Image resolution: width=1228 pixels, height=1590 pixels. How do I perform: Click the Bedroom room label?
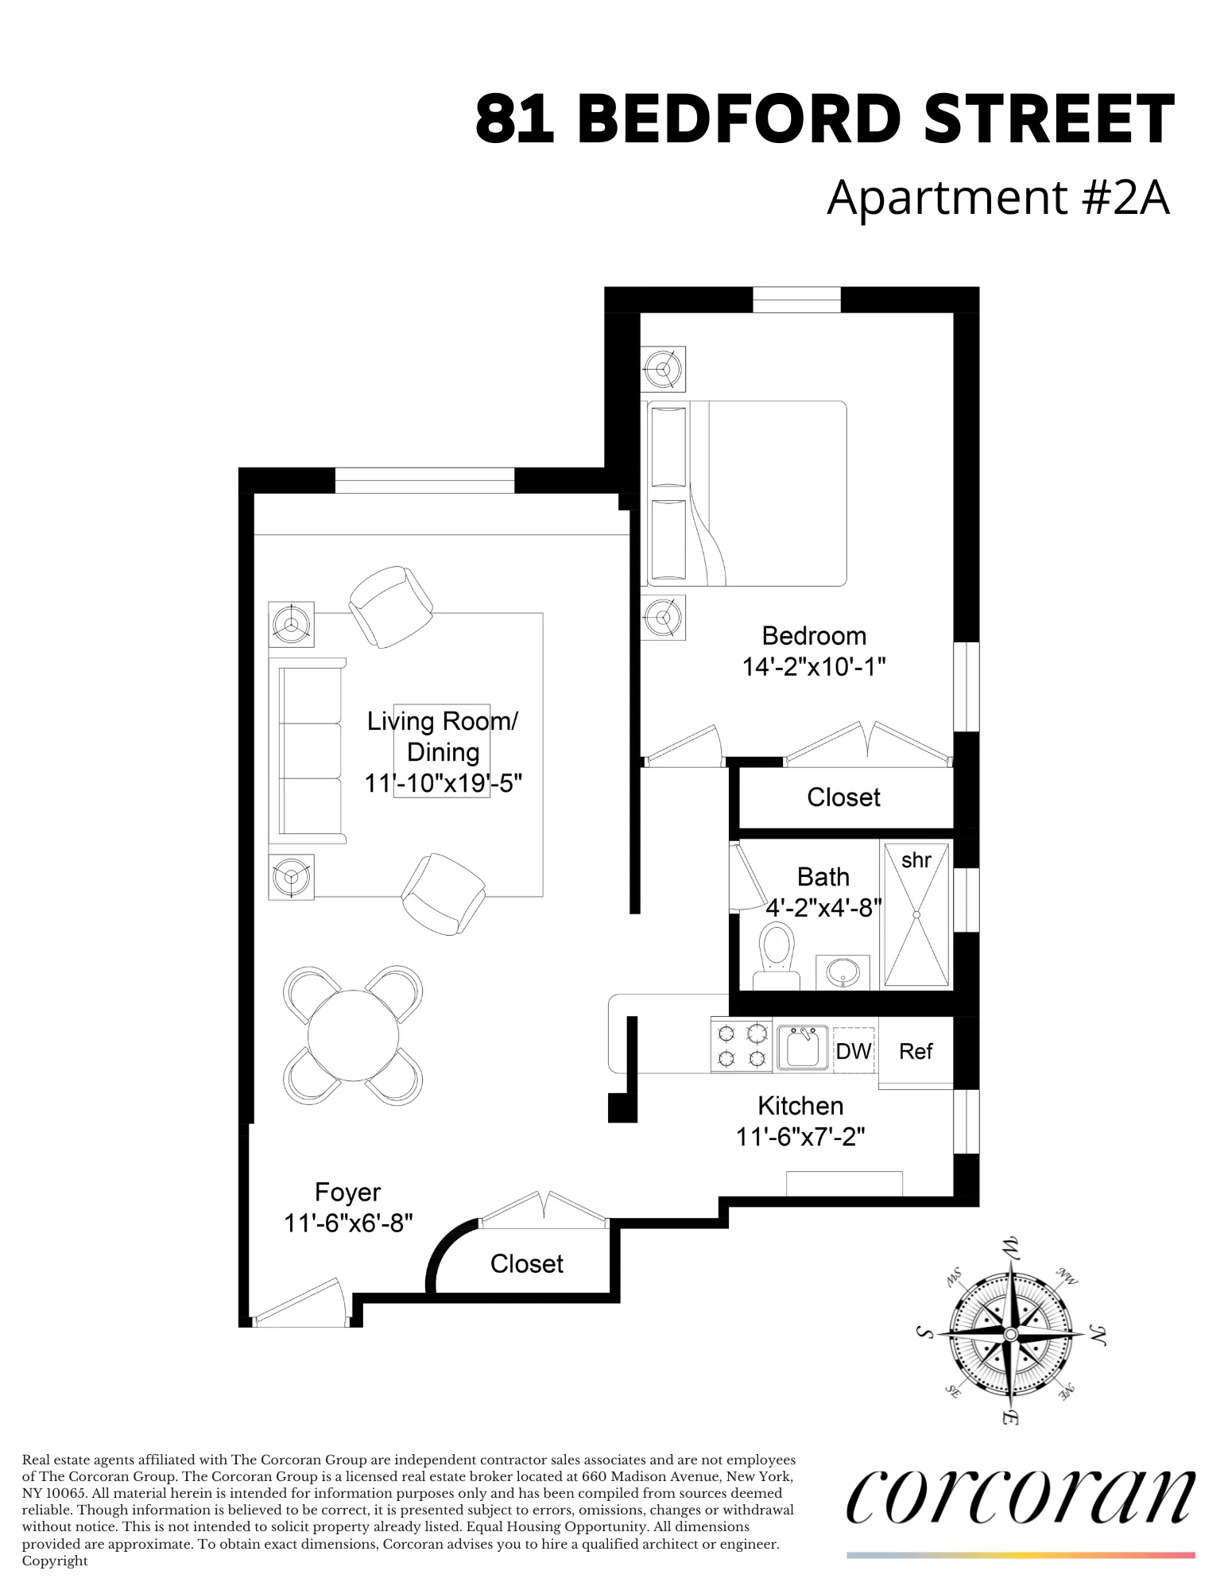coord(813,636)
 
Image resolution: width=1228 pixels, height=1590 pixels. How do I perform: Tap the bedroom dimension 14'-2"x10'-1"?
coord(813,666)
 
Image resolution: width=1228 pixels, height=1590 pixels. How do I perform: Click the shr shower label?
coord(916,860)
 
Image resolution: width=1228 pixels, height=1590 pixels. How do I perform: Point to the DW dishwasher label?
coord(854,1051)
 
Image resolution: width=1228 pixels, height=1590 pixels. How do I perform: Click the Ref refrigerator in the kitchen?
coord(916,1051)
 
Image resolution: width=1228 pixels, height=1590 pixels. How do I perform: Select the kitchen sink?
coord(802,1047)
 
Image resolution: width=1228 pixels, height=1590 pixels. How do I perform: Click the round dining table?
coord(353,1035)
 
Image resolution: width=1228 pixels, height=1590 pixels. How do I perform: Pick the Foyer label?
coord(347,1192)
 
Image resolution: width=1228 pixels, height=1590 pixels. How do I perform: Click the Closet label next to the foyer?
coord(526,1264)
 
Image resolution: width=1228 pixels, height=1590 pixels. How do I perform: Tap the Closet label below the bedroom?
coord(843,797)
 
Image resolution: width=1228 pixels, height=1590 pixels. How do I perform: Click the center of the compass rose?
coord(1009,1334)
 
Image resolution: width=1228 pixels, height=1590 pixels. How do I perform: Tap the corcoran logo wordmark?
coord(1021,1497)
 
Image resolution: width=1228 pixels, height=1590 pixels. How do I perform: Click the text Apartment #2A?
coord(998,197)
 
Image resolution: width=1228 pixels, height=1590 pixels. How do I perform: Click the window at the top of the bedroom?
coord(796,300)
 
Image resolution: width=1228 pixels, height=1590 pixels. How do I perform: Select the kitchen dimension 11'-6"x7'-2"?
coord(800,1137)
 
